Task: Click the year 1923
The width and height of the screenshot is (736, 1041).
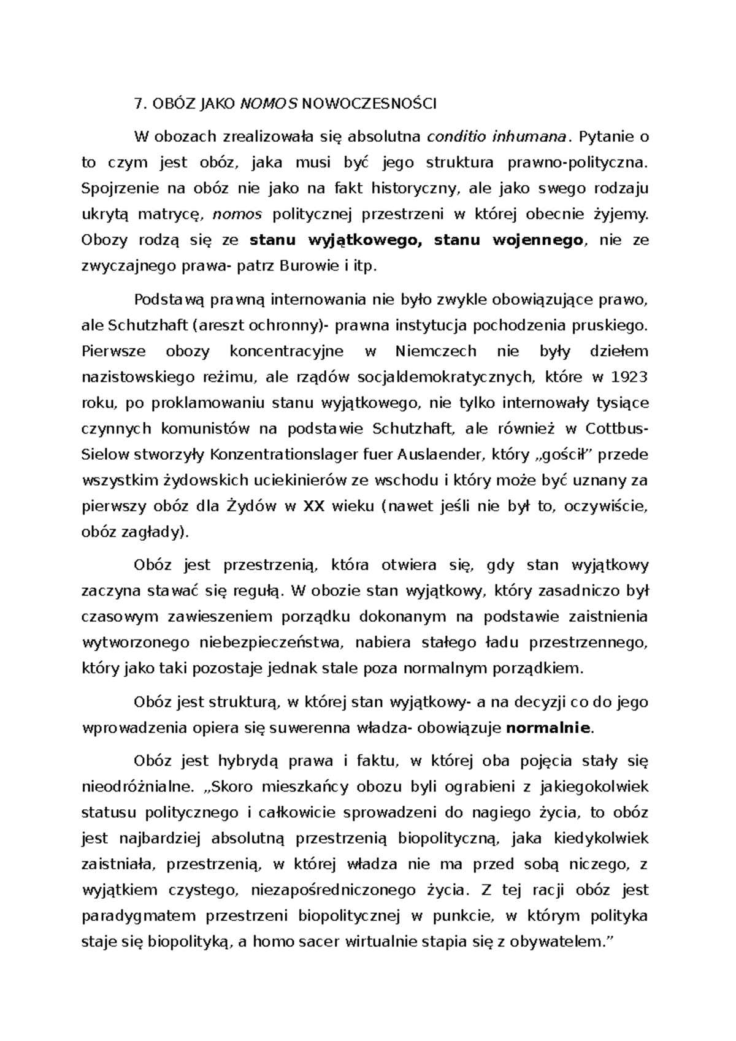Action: click(629, 377)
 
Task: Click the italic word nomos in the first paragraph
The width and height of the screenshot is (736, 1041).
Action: click(237, 215)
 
